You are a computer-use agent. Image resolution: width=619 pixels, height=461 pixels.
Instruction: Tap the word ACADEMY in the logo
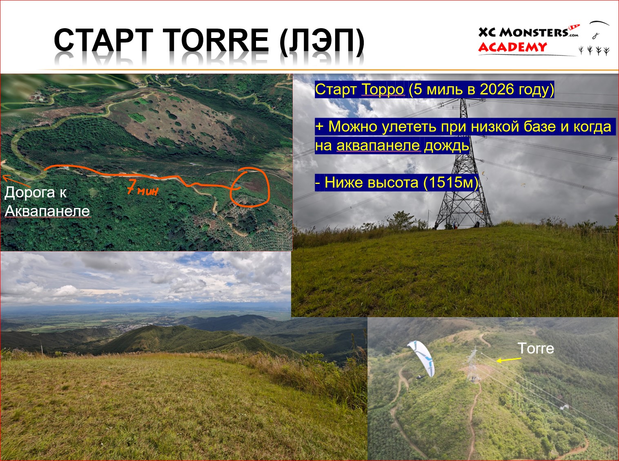(x=512, y=47)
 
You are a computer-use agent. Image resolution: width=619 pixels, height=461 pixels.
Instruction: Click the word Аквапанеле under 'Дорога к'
(x=47, y=211)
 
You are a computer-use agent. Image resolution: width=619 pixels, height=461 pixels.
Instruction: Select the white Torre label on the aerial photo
(x=536, y=348)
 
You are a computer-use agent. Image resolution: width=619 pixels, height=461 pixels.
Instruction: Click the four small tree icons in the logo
(x=594, y=51)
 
